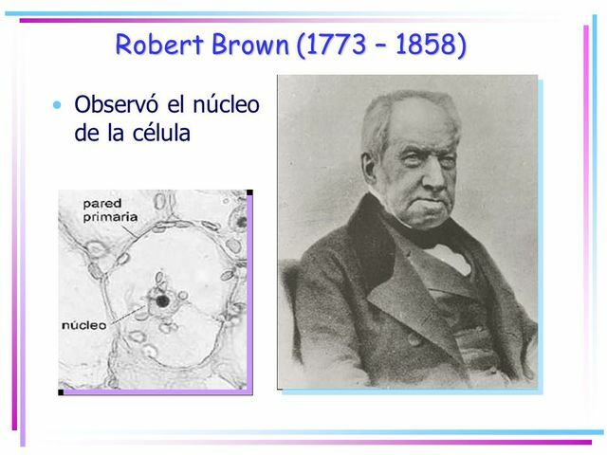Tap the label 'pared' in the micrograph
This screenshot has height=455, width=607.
coord(101,203)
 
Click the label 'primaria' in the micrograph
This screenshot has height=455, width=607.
coord(110,216)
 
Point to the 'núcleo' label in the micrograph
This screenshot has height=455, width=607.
coord(84,324)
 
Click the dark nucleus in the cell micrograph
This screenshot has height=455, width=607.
coord(163,301)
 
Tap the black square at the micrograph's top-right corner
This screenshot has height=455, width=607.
coord(249,192)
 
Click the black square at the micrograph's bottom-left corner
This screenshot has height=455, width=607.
coord(62,391)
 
